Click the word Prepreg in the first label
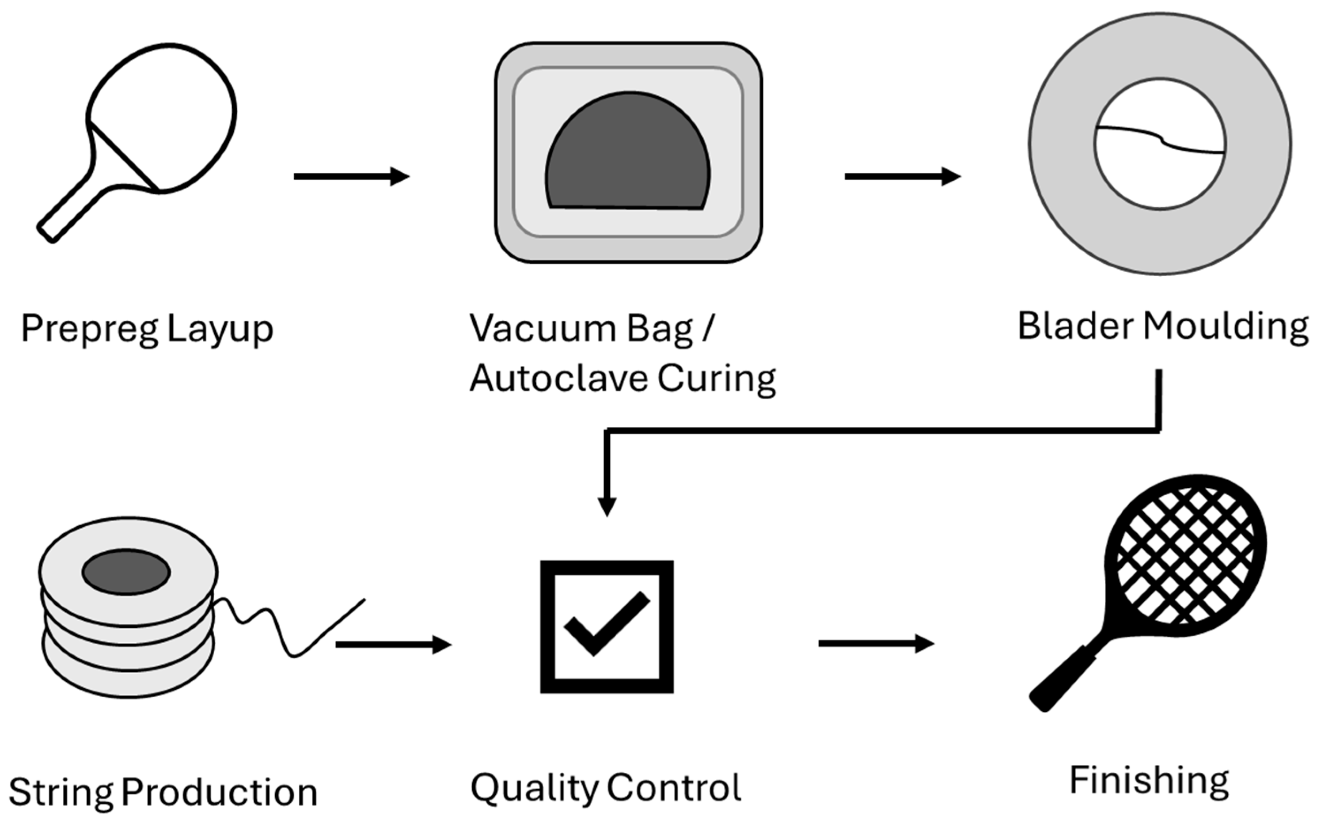tap(89, 329)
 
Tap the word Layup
tap(220, 329)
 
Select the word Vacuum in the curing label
tap(543, 328)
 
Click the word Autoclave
tap(558, 378)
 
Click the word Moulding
tap(1226, 327)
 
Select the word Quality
tap(534, 788)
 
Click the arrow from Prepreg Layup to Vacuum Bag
tap(351, 176)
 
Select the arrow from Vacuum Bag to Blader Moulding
tap(902, 176)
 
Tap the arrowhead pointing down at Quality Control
tap(607, 506)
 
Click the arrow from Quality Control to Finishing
tap(876, 644)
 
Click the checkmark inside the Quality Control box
tap(606, 624)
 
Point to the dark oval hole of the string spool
tap(126, 572)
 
